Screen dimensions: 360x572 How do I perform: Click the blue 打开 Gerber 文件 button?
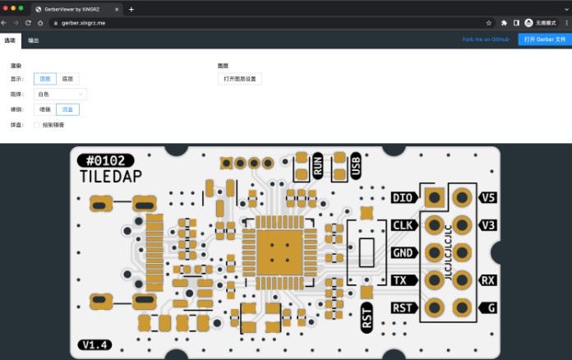[x=544, y=39]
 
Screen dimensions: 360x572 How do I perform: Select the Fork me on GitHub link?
[x=485, y=39]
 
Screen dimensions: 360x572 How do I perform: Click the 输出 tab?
[x=34, y=39]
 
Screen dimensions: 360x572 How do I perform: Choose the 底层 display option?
[x=68, y=80]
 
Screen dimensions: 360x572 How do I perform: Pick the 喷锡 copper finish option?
[x=44, y=109]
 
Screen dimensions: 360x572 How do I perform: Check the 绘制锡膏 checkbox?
[x=36, y=125]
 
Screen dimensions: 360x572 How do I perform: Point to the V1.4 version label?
[x=95, y=345]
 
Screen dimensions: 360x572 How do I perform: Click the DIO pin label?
[x=404, y=197]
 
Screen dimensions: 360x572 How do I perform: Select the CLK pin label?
[x=404, y=225]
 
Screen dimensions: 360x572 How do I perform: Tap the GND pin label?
[x=404, y=252]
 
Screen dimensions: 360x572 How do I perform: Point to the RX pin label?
[x=488, y=280]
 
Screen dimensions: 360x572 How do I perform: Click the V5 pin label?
[x=488, y=197]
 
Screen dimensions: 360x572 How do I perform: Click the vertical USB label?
[x=356, y=165]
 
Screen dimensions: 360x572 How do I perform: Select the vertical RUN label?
[x=317, y=165]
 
